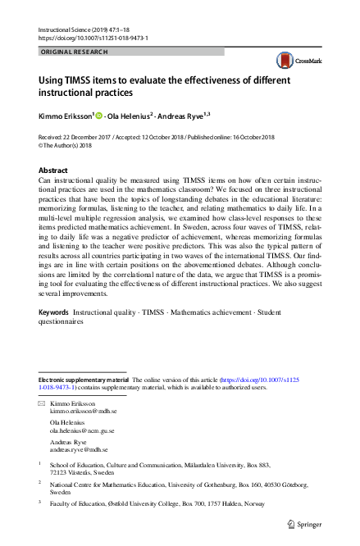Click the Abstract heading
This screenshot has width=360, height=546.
pyautogui.click(x=54, y=171)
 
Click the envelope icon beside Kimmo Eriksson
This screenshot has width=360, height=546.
pyautogui.click(x=43, y=405)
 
